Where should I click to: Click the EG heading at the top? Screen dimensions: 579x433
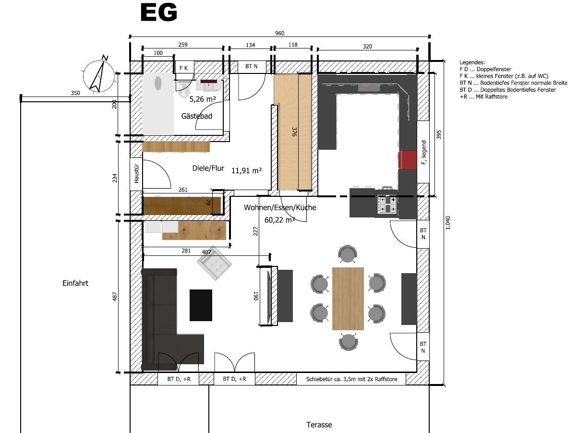(159, 12)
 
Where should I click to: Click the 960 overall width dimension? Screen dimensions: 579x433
(279, 33)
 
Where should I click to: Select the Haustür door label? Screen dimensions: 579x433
(136, 173)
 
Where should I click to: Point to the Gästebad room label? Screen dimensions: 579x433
(197, 116)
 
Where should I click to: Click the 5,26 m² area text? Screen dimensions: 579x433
(203, 99)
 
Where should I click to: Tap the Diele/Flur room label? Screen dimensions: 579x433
(208, 168)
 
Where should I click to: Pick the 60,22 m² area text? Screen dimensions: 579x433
(279, 220)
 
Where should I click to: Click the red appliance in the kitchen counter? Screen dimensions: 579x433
(408, 159)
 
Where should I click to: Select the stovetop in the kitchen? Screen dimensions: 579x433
(387, 204)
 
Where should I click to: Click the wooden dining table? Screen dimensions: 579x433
(348, 299)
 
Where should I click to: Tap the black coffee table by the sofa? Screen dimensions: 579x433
(201, 305)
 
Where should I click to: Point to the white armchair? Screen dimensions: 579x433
(214, 263)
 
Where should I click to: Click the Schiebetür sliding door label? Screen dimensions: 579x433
(351, 379)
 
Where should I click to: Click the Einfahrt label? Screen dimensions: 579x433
(75, 283)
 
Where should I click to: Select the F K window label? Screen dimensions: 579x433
(183, 68)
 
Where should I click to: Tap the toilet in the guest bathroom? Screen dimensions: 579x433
(184, 89)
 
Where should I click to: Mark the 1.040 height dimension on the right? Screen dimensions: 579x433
(447, 223)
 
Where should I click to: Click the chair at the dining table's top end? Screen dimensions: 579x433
(348, 253)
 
